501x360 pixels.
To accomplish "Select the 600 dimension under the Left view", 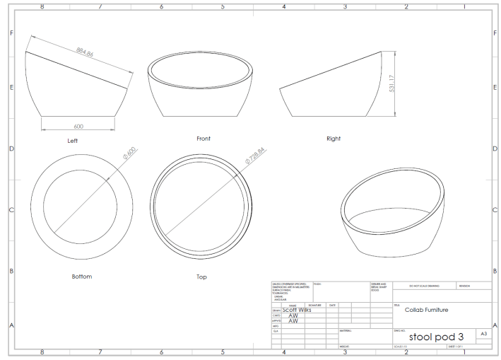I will (79, 126).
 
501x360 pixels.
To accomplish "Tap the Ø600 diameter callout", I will (129, 157).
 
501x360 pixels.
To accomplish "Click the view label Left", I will (72, 141).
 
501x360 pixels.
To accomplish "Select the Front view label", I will (204, 139).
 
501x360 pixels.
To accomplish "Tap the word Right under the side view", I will (334, 139).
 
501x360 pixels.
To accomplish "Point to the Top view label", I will (201, 276).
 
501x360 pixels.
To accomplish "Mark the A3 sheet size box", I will (483, 332).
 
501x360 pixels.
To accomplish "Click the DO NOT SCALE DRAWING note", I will (423, 286).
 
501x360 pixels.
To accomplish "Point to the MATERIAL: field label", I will (346, 330).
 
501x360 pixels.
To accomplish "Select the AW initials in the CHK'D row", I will (293, 315).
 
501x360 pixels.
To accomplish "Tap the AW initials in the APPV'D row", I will (293, 321).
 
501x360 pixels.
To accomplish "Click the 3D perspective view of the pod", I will (392, 215).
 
